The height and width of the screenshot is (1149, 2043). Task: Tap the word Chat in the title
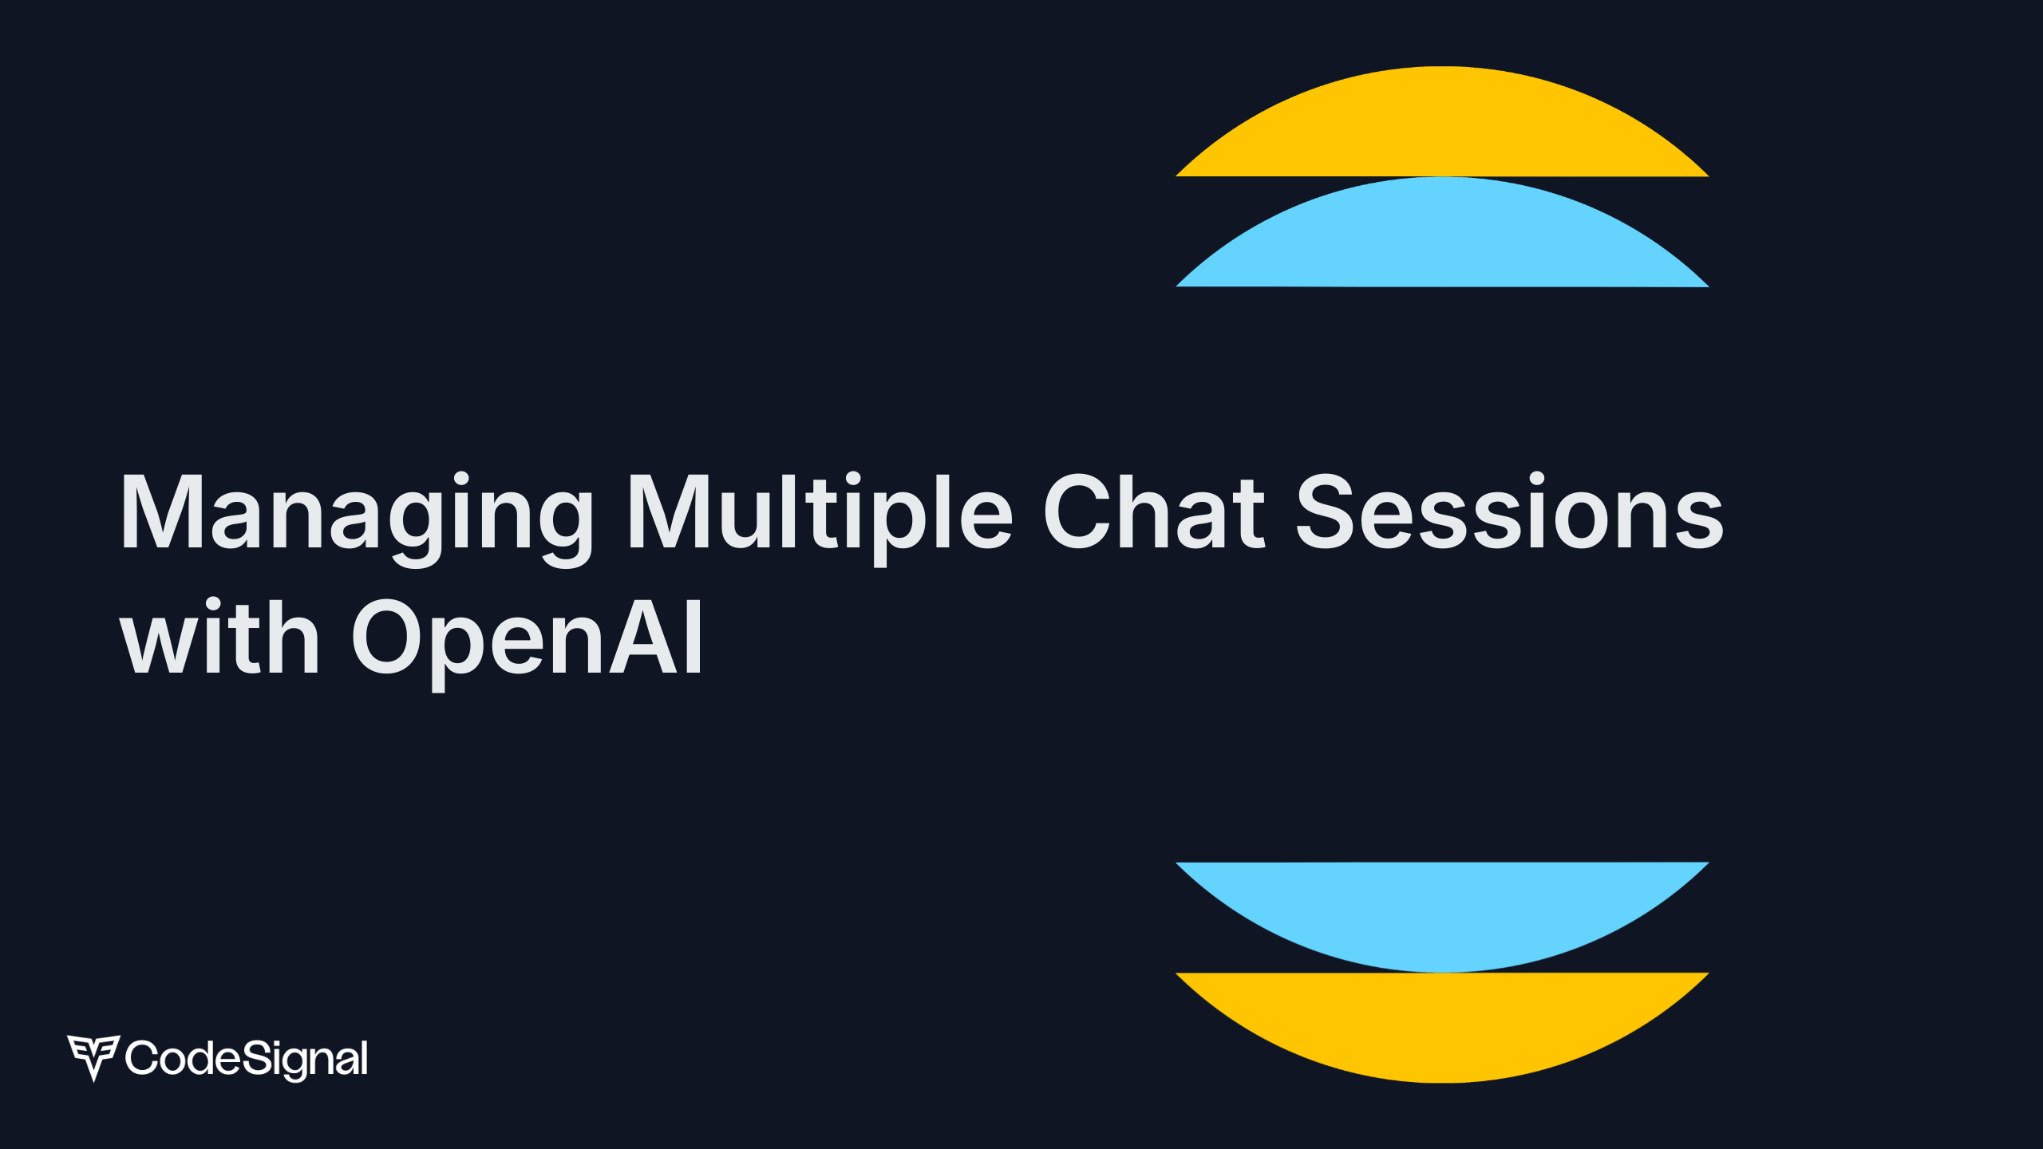click(x=1153, y=512)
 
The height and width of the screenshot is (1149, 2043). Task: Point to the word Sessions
click(x=1509, y=512)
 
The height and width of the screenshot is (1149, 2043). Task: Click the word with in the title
click(x=219, y=637)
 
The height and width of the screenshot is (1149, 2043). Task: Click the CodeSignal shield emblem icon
click(x=93, y=1056)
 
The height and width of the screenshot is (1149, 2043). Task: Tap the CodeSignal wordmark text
click(x=247, y=1059)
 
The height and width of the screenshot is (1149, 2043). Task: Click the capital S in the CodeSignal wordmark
click(x=255, y=1058)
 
